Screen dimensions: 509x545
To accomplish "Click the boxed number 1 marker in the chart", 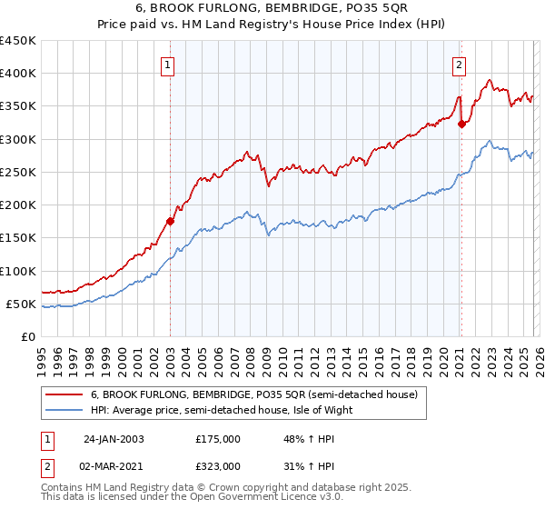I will pos(169,64).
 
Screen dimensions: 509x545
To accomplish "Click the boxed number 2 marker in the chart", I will pos(460,64).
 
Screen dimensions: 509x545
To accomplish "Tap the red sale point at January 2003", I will pos(170,221).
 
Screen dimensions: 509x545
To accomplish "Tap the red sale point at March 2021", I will pos(461,125).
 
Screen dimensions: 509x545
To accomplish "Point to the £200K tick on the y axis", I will pos(18,205).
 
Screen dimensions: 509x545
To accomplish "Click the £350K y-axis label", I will pos(18,106).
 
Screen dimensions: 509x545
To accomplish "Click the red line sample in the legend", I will pos(64,395).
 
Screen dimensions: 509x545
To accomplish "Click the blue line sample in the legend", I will pos(64,410).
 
